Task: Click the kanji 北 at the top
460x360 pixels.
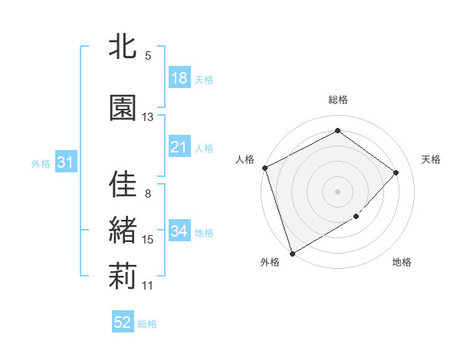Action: pyautogui.click(x=123, y=48)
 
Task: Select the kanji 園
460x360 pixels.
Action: pyautogui.click(x=123, y=108)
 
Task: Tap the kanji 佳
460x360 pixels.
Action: pyautogui.click(x=123, y=184)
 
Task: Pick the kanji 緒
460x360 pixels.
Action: pyautogui.click(x=123, y=231)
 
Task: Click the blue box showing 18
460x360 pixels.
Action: pyautogui.click(x=179, y=78)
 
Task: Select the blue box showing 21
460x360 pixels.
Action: pyautogui.click(x=179, y=147)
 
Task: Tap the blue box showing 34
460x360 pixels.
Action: pyautogui.click(x=179, y=231)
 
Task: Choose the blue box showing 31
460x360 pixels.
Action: pyautogui.click(x=64, y=162)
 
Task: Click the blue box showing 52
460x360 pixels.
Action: pyautogui.click(x=123, y=322)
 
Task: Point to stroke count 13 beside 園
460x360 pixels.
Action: pyautogui.click(x=147, y=117)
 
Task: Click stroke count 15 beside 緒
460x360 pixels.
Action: pyautogui.click(x=147, y=240)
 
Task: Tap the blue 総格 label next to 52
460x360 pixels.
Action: pyautogui.click(x=147, y=324)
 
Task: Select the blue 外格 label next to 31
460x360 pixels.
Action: pyautogui.click(x=41, y=163)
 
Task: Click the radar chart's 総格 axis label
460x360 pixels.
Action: pyautogui.click(x=337, y=100)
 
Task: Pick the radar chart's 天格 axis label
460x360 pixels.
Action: pyautogui.click(x=432, y=159)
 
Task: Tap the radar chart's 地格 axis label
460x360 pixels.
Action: pyautogui.click(x=402, y=263)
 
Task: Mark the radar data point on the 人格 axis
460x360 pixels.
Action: pyautogui.click(x=264, y=168)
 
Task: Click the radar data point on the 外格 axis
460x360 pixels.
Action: pyautogui.click(x=292, y=253)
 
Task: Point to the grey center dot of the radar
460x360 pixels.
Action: pyautogui.click(x=337, y=191)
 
